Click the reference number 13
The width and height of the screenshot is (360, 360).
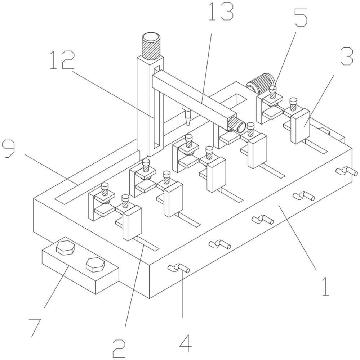pos(221,12)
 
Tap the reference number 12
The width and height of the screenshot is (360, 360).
pos(62,60)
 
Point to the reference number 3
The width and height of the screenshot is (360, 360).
pos(347,56)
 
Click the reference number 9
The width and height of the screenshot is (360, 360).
pos(8,149)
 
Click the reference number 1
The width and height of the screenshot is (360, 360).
pos(325,286)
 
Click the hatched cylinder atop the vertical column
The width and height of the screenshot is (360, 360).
pos(151,46)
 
